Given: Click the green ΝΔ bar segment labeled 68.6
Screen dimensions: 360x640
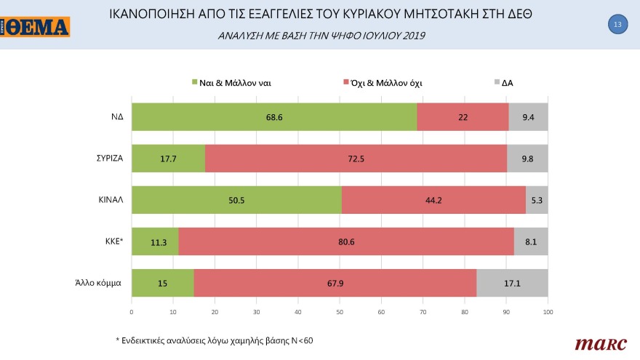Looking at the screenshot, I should pyautogui.click(x=273, y=117).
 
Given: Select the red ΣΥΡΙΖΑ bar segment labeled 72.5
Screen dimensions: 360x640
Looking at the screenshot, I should pyautogui.click(x=356, y=159).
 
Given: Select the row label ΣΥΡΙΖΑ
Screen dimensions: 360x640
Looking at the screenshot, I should pyautogui.click(x=106, y=159).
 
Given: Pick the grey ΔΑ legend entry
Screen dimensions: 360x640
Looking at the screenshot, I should pyautogui.click(x=503, y=83).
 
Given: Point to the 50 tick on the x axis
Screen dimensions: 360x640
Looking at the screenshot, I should pyautogui.click(x=340, y=312).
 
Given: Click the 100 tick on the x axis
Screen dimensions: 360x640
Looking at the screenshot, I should pyautogui.click(x=548, y=312).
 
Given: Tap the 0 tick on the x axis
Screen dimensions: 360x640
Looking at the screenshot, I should pyautogui.click(x=132, y=312).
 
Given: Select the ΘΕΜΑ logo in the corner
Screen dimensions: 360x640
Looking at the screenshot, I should pyautogui.click(x=35, y=28).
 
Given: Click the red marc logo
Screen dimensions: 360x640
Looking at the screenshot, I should pyautogui.click(x=596, y=343).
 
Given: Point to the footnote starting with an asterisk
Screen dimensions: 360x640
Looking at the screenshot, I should pyautogui.click(x=215, y=340).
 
